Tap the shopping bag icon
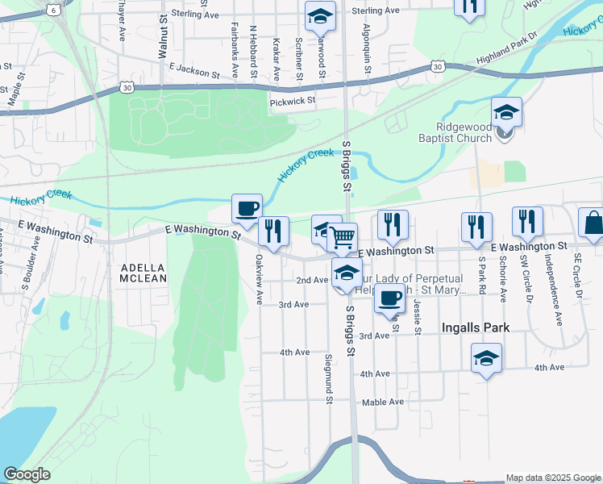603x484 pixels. [593, 223]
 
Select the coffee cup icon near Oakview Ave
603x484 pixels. [247, 208]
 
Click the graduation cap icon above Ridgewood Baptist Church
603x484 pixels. [506, 111]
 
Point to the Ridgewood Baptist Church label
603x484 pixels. [475, 132]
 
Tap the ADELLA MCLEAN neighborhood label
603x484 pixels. [143, 273]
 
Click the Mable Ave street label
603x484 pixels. [382, 402]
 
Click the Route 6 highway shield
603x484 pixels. [53, 10]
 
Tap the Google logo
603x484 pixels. [27, 474]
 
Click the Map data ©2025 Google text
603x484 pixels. [552, 478]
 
